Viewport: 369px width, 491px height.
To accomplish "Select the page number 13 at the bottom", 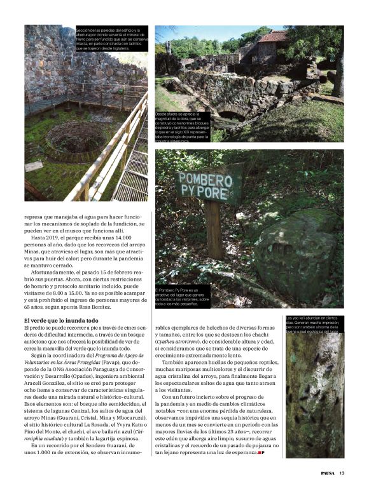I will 342,472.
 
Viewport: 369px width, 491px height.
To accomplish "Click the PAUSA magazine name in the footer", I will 323,472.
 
